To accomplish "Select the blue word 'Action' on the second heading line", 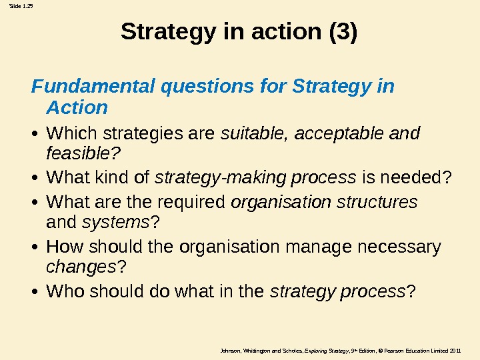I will (x=77, y=107).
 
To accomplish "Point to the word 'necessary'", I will (x=400, y=248).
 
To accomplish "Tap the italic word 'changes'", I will (x=79, y=268).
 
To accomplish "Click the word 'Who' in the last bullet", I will (x=64, y=291).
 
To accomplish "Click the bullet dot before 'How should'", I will (x=37, y=249).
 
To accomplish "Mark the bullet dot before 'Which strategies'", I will (x=37, y=135).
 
